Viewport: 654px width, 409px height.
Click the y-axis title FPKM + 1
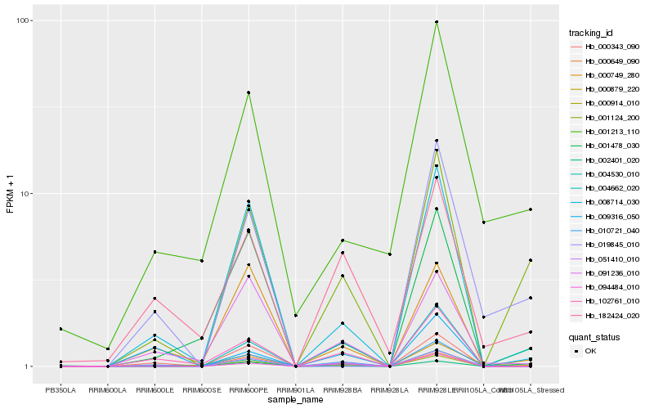pyautogui.click(x=10, y=194)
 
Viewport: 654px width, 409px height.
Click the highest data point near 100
pyautogui.click(x=437, y=22)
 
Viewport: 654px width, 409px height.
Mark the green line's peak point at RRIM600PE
pyautogui.click(x=249, y=92)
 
